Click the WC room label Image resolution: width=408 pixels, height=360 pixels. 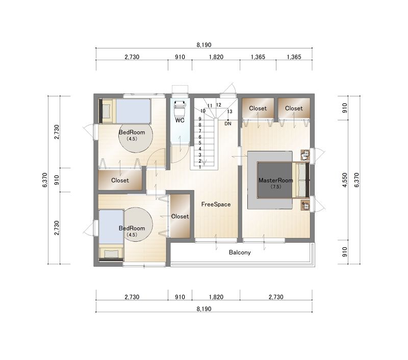(180, 120)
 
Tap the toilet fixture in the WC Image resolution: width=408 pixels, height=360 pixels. (180, 109)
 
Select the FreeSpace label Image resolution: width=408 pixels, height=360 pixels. (216, 204)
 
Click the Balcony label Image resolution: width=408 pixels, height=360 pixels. (240, 252)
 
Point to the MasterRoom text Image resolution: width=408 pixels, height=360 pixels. (275, 181)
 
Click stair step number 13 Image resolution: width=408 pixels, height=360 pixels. (229, 112)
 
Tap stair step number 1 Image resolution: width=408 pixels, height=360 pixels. (200, 167)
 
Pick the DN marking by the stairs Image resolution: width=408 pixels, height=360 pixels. (228, 124)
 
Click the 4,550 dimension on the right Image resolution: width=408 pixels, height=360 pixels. (345, 180)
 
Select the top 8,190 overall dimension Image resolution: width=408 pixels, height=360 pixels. (204, 45)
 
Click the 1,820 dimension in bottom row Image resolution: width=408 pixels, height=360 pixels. (216, 297)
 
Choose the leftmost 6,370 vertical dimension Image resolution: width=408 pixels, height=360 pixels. (45, 180)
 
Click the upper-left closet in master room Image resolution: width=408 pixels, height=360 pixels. (258, 108)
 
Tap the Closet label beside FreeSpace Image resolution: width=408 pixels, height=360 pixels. (180, 216)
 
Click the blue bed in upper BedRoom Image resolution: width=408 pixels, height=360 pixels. (133, 111)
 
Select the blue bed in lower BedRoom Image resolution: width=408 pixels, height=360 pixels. (111, 227)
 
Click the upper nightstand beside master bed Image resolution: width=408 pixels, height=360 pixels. (305, 155)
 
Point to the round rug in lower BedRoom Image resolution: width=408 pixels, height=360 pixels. (138, 224)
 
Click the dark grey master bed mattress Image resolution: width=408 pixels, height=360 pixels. (275, 180)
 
